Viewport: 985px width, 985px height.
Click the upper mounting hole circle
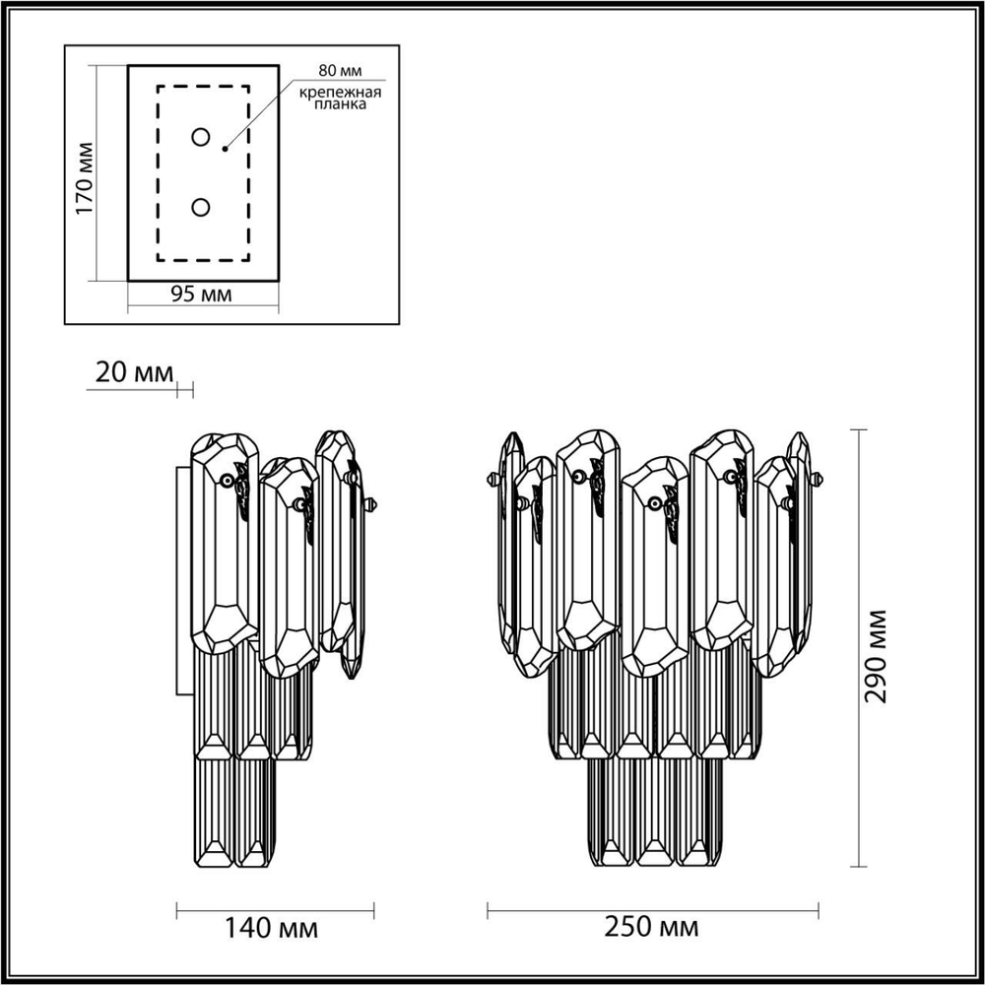click(x=201, y=137)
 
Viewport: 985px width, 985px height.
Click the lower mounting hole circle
click(x=201, y=207)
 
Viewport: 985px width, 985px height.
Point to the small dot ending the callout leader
click(x=226, y=149)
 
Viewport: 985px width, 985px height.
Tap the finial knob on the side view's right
click(x=371, y=505)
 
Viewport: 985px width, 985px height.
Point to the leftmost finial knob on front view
click(x=492, y=480)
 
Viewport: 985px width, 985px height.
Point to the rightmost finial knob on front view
click(x=818, y=480)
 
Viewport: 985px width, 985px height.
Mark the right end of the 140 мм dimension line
click(x=373, y=906)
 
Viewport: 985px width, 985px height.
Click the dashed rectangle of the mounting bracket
click(x=158, y=173)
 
